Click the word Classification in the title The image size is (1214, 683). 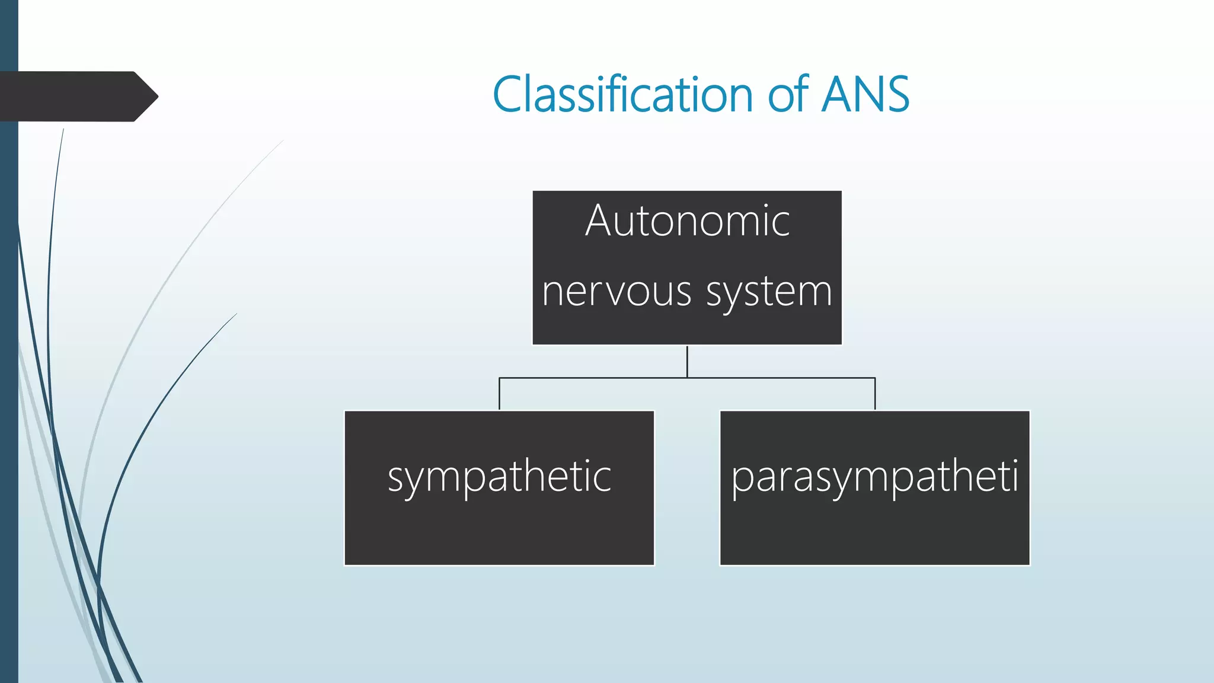click(622, 95)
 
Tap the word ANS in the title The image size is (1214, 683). click(865, 95)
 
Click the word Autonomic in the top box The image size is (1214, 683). click(688, 221)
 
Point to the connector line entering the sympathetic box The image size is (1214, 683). click(499, 394)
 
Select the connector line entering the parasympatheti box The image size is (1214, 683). click(875, 394)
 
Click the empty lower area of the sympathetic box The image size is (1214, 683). click(499, 534)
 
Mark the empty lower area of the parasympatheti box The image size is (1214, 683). click(874, 534)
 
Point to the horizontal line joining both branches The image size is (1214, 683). click(593, 378)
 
